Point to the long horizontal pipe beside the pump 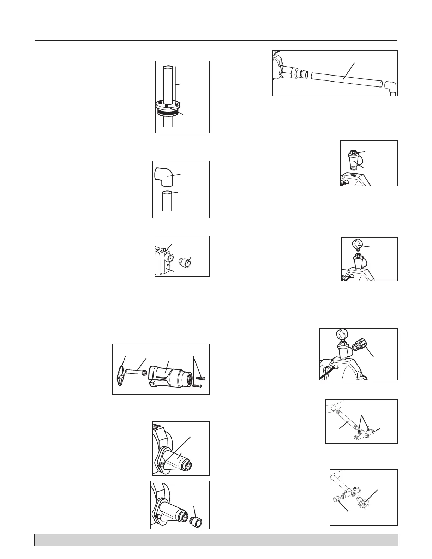tap(346, 80)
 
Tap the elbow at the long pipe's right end tap(390, 86)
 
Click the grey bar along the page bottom tap(216, 540)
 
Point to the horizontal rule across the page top tap(216, 40)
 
